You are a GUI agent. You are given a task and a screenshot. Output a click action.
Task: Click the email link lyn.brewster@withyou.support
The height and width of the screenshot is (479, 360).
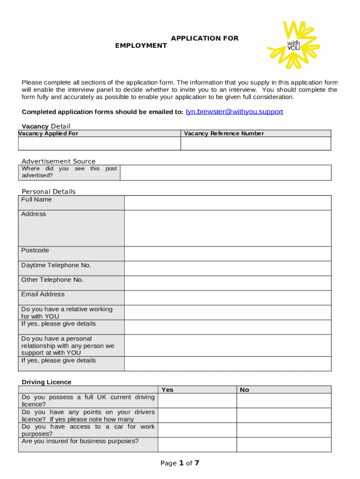(234, 112)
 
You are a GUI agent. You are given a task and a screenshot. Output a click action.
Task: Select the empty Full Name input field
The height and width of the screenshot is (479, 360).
(227, 203)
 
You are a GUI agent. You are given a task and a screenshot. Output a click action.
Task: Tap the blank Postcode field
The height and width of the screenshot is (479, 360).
(227, 254)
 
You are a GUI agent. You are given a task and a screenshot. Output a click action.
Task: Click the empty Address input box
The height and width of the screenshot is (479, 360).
(227, 228)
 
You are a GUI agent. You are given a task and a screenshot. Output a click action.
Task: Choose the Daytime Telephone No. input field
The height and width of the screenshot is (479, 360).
(227, 268)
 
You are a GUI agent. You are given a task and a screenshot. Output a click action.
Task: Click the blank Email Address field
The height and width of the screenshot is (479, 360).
(227, 298)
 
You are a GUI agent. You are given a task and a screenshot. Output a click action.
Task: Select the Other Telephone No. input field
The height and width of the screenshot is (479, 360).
(227, 283)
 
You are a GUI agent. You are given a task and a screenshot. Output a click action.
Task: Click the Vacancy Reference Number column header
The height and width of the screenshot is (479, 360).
(224, 134)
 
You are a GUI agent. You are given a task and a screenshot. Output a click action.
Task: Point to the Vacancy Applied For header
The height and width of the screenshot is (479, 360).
(48, 134)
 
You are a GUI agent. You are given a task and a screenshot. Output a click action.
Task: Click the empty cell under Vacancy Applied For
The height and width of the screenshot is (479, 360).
(100, 144)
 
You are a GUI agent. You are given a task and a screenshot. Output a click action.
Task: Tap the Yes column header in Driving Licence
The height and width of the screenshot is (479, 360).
(167, 390)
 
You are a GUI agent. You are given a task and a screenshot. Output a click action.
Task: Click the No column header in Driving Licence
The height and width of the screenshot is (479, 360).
(245, 390)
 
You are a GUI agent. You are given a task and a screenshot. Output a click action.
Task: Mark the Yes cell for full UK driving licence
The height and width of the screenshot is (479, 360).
(197, 401)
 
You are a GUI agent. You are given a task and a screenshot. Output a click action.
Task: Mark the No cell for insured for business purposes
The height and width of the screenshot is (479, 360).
(284, 444)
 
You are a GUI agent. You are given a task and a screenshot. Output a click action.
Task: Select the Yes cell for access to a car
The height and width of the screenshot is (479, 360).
(197, 430)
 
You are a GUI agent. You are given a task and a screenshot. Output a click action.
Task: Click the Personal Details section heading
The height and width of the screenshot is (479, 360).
(49, 192)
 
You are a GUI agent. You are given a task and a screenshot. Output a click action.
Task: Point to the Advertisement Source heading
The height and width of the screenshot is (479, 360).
(58, 161)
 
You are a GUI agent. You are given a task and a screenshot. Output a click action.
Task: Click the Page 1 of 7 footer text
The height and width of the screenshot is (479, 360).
(180, 463)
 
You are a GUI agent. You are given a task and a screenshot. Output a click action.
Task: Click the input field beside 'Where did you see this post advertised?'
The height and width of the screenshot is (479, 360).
(225, 173)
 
